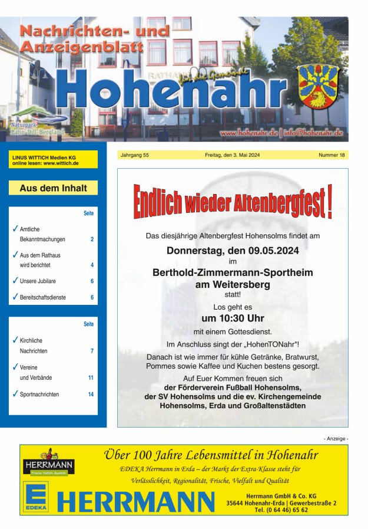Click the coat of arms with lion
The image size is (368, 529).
(x=317, y=86)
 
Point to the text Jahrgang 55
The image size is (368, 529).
(x=134, y=155)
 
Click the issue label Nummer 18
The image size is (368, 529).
(x=332, y=155)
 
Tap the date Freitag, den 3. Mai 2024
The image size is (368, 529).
(x=233, y=155)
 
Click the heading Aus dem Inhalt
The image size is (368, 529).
(x=53, y=188)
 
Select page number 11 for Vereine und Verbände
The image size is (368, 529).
(x=91, y=377)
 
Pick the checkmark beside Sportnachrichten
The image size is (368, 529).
(x=15, y=393)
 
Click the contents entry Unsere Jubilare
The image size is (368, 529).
(x=38, y=281)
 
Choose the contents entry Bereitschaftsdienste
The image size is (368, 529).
(x=43, y=298)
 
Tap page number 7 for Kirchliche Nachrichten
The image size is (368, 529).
(x=92, y=351)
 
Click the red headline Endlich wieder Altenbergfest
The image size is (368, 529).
(x=233, y=202)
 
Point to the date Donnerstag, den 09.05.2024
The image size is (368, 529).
(x=233, y=250)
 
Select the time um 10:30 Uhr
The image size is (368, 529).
(x=233, y=318)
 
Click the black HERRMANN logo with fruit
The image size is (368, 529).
(x=49, y=464)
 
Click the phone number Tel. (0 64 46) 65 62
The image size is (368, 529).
(x=281, y=510)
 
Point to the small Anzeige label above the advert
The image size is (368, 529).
(x=336, y=439)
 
